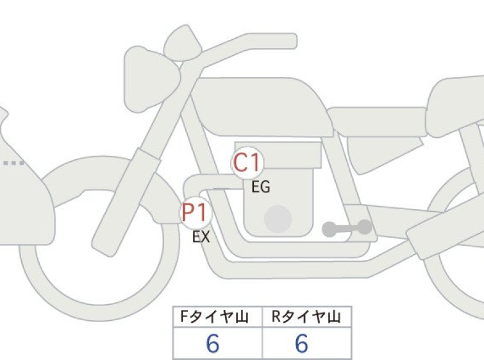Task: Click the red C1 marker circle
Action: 247,162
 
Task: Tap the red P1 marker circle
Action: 196,212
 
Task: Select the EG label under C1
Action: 261,187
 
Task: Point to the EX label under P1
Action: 201,237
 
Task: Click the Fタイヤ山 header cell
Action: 217,317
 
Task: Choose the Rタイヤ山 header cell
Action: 307,317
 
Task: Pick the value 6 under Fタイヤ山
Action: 213,343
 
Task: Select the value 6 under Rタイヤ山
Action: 301,343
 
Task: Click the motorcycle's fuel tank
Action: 262,107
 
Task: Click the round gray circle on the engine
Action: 278,219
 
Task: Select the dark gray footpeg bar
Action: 347,228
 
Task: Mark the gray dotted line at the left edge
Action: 13,163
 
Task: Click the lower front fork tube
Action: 126,202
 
